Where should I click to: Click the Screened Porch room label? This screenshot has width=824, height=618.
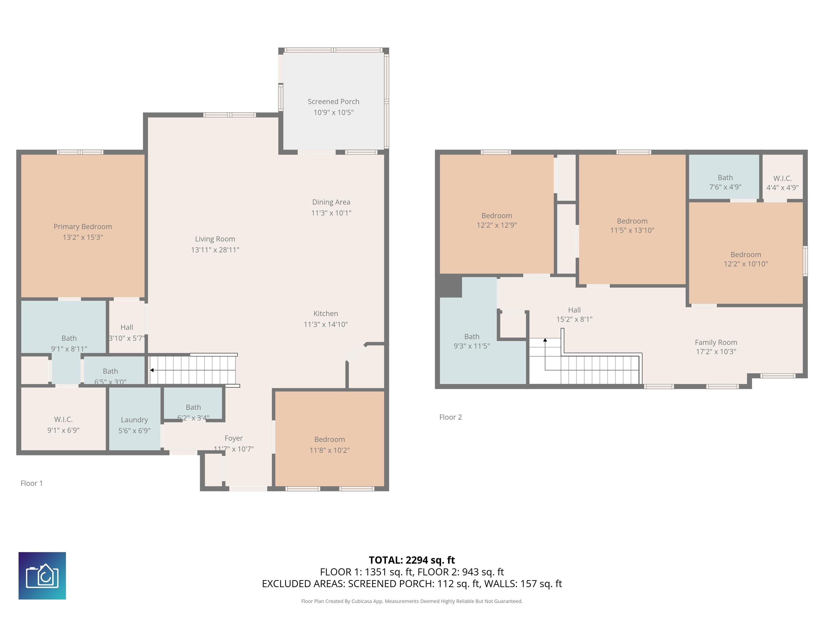tap(333, 102)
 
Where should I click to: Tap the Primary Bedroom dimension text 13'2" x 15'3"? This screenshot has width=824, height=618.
tap(83, 237)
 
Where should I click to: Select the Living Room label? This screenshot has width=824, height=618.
tap(215, 239)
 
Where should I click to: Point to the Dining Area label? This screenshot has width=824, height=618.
tap(331, 202)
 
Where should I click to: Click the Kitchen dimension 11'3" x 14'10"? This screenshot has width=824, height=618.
tap(326, 325)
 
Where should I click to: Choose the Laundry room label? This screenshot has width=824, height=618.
tap(134, 420)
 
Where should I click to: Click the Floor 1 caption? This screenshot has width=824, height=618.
tap(32, 483)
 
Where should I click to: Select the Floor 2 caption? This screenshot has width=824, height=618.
tap(450, 417)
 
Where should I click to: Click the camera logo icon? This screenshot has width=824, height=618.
tap(42, 576)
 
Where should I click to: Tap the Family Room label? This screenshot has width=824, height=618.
tap(716, 342)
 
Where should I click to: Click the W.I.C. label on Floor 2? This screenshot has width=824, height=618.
tap(782, 178)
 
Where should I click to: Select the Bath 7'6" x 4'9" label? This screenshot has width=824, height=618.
tap(725, 182)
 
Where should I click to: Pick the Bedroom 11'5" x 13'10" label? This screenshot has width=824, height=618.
tap(632, 225)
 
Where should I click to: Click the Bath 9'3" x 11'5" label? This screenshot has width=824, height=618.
tap(472, 341)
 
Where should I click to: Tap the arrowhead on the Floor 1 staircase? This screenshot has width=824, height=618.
tap(152, 370)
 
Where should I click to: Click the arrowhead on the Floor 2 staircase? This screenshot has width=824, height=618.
tap(545, 340)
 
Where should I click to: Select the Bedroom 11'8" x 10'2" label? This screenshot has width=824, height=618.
tap(330, 445)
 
